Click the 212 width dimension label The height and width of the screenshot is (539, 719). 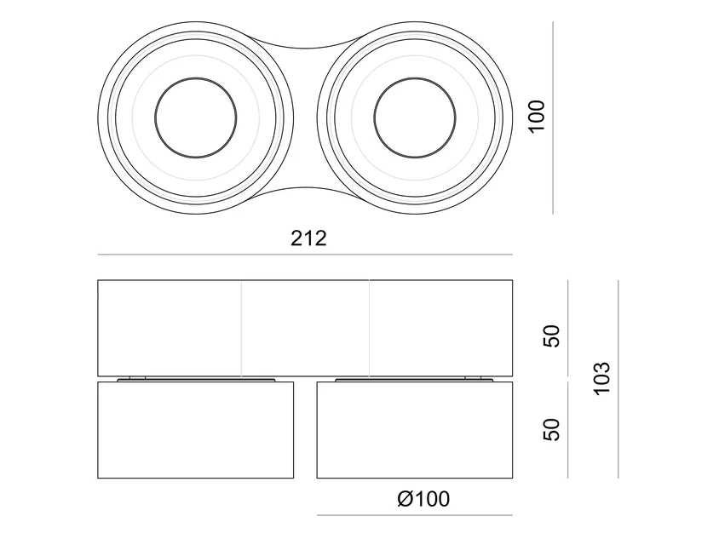click(x=308, y=238)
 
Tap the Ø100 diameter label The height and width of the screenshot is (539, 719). click(x=423, y=499)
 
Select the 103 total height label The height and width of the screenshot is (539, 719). click(x=602, y=379)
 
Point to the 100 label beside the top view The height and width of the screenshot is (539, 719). click(x=537, y=117)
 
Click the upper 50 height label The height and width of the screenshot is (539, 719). click(x=552, y=336)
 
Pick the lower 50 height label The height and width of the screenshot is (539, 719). click(x=552, y=429)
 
